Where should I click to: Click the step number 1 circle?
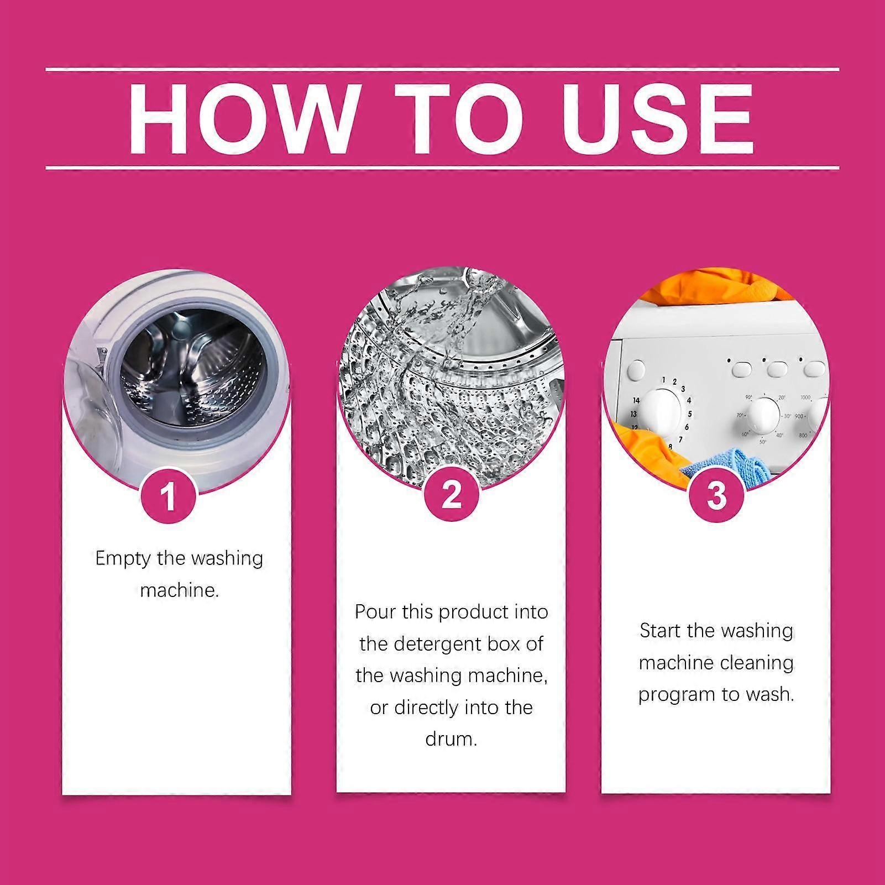click(169, 495)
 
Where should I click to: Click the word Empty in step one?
click(122, 559)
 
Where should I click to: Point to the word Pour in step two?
click(373, 612)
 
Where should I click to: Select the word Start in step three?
click(661, 630)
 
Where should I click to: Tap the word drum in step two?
click(451, 739)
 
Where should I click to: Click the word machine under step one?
click(180, 590)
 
